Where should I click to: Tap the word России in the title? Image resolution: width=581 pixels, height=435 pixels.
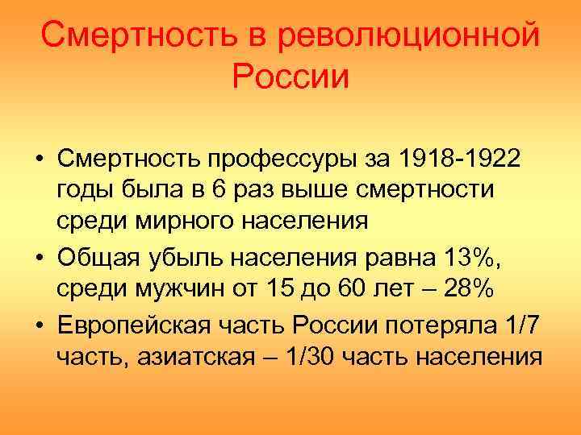[290, 77]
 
